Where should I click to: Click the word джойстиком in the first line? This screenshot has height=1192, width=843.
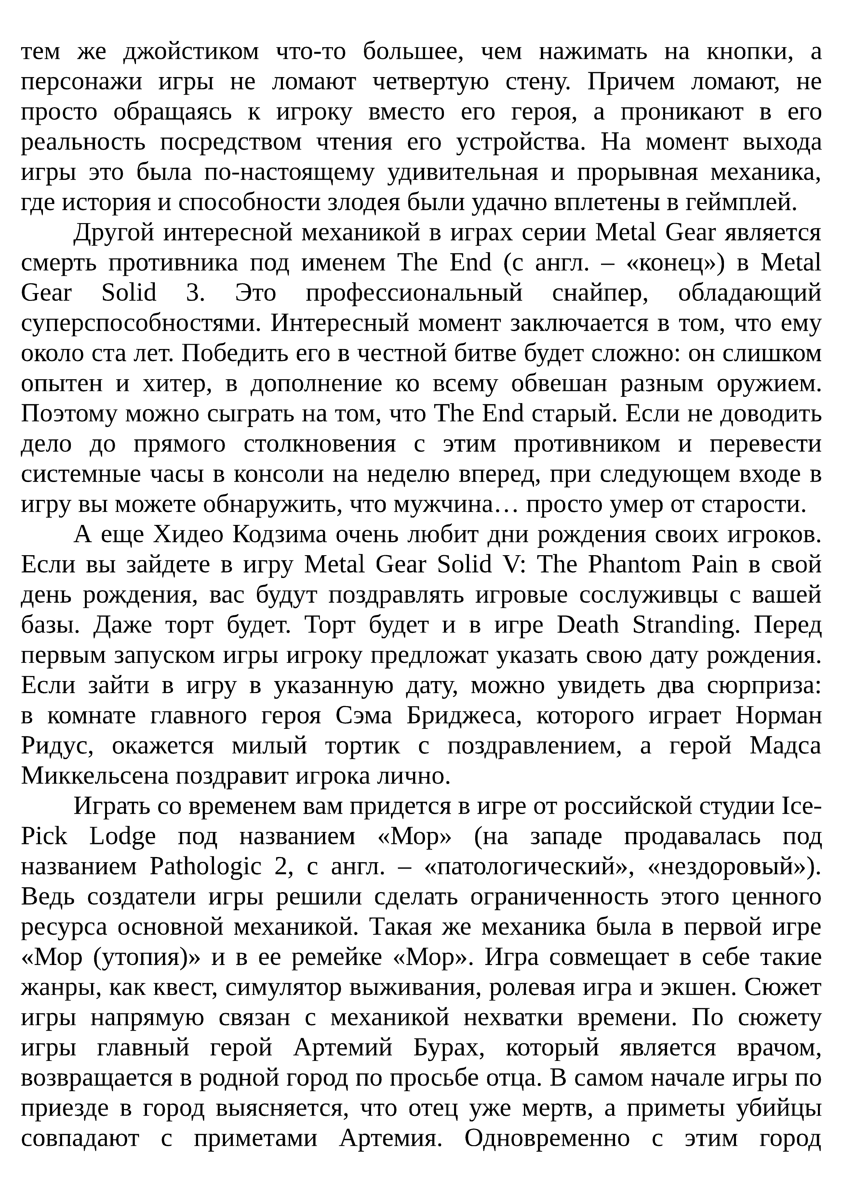191,52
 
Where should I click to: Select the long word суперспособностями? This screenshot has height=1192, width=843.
141,323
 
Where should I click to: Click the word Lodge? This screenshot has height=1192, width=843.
123,837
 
